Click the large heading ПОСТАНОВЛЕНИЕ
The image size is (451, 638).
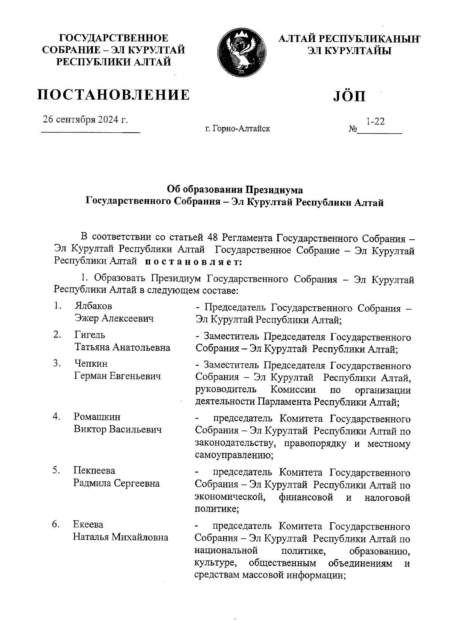[114, 95]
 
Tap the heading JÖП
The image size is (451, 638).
[349, 96]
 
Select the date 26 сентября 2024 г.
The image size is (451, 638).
[85, 119]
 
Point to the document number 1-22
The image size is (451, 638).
[375, 121]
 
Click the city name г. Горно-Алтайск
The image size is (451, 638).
[238, 129]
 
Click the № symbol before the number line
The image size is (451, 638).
[352, 129]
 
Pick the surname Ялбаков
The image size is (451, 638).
[93, 306]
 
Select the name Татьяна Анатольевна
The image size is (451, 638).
[122, 347]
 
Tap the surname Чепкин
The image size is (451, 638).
[91, 364]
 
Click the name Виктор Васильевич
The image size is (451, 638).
[118, 429]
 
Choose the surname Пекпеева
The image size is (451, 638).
[94, 470]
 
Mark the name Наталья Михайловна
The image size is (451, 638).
[120, 537]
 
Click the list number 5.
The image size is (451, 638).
[57, 470]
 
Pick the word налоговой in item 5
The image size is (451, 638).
[387, 498]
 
